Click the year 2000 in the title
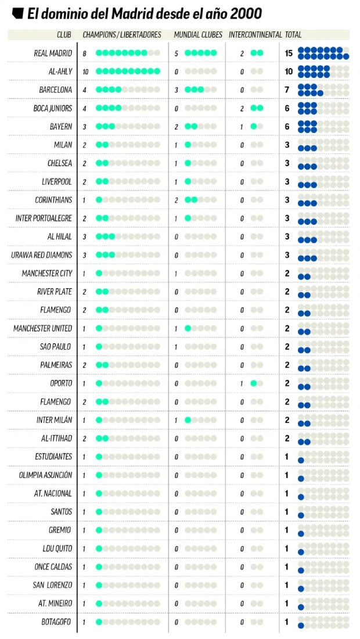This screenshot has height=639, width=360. click(245, 13)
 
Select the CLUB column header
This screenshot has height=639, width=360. click(64, 35)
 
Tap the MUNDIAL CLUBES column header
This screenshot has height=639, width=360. click(198, 35)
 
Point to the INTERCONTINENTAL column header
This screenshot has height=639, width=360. click(255, 35)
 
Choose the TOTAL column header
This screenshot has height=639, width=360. click(294, 35)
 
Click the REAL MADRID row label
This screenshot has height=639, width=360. click(53, 53)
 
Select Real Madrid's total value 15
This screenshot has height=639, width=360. click(289, 53)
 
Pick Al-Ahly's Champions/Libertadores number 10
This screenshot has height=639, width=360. click(85, 71)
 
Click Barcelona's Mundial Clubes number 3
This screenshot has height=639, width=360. click(176, 90)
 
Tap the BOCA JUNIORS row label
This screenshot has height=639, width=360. click(53, 109)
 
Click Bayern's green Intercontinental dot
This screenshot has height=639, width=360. click(254, 127)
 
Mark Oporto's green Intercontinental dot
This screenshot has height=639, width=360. click(254, 383)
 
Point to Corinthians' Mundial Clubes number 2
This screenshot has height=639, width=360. click(176, 200)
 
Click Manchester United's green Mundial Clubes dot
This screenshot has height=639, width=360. click(188, 329)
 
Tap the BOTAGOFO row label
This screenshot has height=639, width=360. click(56, 622)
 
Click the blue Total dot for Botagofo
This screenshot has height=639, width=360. click(301, 626)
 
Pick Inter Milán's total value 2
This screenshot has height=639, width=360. click(287, 420)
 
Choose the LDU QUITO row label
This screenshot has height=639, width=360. click(56, 548)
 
